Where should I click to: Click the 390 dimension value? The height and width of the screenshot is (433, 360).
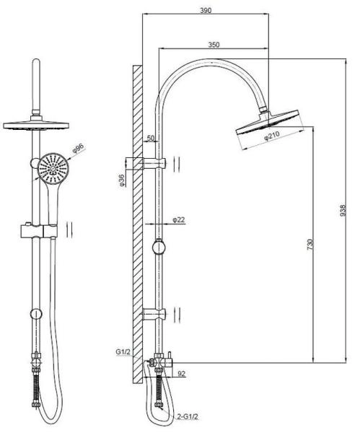tap(206, 11)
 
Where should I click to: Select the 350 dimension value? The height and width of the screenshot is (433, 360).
tap(214, 45)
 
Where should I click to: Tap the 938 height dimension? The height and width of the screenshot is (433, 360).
tap(343, 210)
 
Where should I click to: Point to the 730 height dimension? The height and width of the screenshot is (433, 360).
tap(310, 245)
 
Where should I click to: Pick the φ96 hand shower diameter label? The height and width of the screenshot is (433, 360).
tap(79, 149)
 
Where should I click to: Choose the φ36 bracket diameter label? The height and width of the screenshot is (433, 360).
tap(123, 180)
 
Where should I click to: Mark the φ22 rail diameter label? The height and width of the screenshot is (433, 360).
tap(179, 220)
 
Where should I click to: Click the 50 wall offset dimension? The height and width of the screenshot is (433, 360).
tap(151, 138)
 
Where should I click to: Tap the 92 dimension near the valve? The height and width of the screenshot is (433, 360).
tap(181, 374)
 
